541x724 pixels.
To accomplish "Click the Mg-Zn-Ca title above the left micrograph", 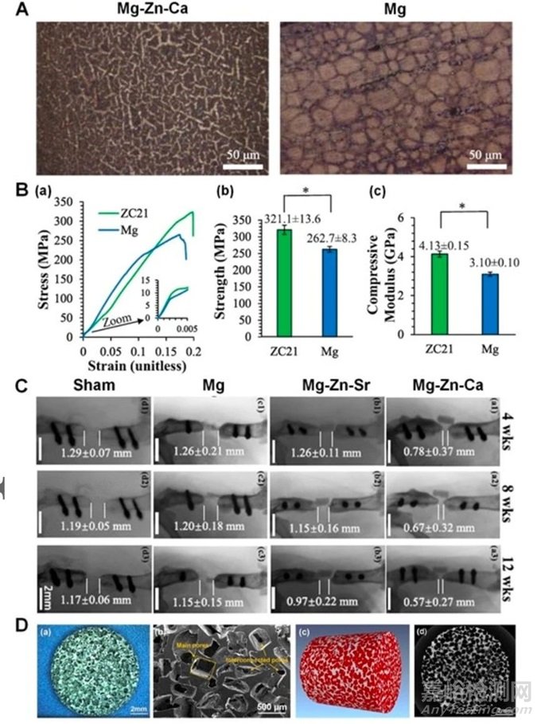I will coord(135,9).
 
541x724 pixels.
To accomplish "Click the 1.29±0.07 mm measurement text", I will coord(91,455).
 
